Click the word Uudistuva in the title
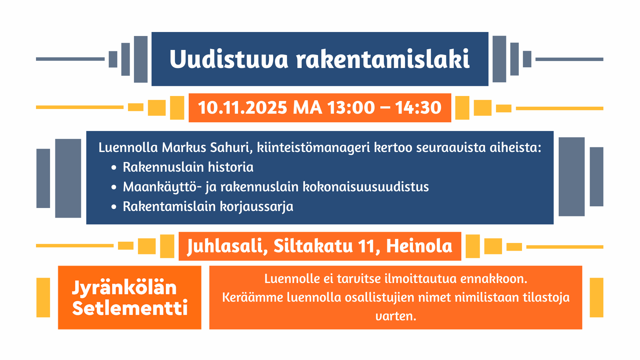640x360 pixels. click(229, 59)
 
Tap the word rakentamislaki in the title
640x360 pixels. click(383, 59)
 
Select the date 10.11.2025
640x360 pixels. click(242, 108)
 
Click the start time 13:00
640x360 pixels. click(351, 108)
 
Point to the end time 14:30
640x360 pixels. click(418, 108)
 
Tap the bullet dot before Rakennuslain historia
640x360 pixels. click(114, 168)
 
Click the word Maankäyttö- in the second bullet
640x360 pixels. click(162, 187)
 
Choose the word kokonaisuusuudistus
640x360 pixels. click(366, 187)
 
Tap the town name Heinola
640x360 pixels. click(419, 246)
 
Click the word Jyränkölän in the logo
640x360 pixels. click(124, 288)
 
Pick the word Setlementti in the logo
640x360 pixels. click(130, 308)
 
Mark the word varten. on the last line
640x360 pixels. click(396, 316)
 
